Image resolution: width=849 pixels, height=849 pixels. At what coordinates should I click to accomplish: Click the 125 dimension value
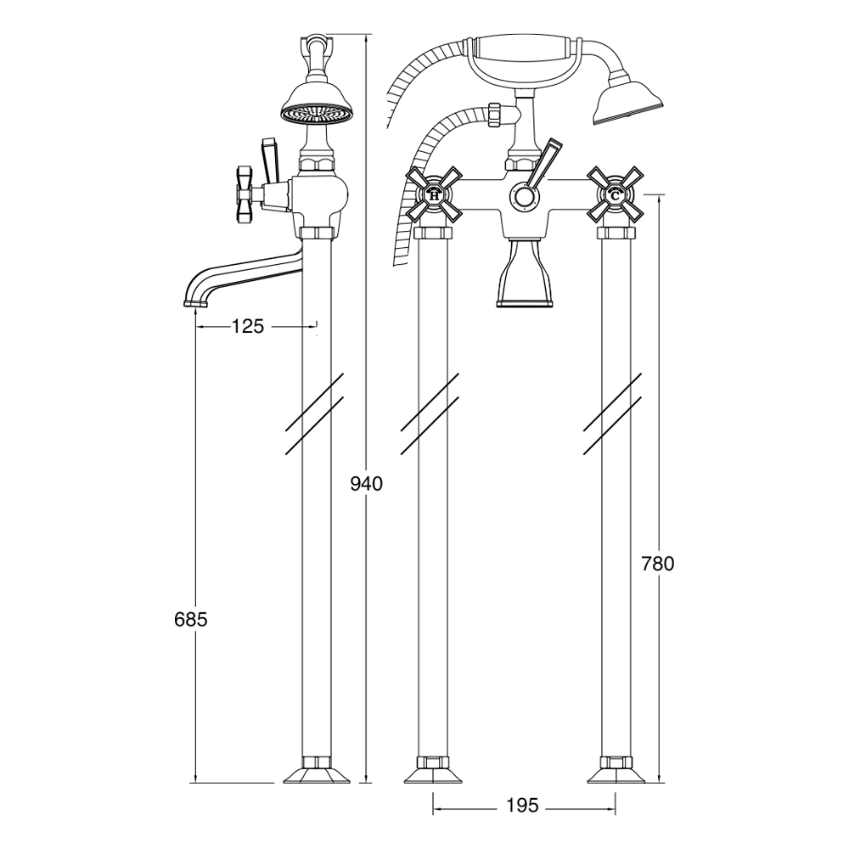(247, 326)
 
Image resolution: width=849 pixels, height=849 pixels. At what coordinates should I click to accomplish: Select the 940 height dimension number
(367, 484)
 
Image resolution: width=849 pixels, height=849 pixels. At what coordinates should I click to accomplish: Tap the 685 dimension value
(191, 620)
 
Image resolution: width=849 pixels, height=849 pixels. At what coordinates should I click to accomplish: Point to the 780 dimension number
(658, 565)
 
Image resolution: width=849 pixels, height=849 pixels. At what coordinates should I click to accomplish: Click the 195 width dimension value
(524, 805)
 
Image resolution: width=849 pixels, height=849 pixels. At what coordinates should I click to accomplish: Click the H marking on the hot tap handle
(434, 196)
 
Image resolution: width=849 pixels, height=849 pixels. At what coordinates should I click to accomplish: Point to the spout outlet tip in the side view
(195, 303)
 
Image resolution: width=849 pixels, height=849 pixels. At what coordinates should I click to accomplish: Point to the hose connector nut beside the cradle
(494, 115)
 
